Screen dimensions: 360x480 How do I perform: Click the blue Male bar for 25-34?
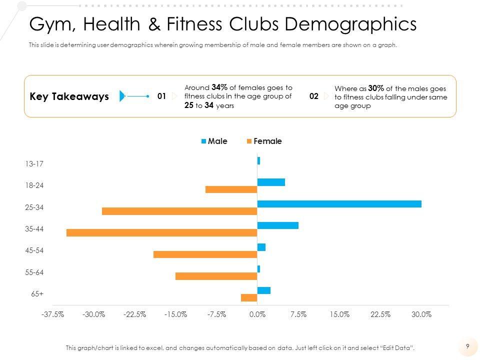339,204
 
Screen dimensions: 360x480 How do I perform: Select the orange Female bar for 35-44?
161,232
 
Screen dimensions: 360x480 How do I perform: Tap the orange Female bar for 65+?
249,298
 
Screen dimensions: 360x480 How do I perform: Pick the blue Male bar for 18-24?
271,182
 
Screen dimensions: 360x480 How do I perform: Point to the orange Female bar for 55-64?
216,276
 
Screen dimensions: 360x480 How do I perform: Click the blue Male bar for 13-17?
258,161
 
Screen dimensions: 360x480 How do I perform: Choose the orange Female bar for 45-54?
205,254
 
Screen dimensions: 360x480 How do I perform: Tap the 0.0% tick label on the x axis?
257,314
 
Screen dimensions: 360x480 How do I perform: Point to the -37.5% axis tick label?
52,314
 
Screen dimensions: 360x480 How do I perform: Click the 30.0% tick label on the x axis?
421,314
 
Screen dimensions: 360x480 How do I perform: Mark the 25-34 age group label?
34,207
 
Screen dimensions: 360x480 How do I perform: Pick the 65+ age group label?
37,294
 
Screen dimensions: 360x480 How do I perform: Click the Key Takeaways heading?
69,96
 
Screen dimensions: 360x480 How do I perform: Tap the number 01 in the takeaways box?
161,96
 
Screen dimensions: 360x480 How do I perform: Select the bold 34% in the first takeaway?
219,87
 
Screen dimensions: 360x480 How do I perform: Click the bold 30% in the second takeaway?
376,88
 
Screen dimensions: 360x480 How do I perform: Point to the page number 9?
467,345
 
